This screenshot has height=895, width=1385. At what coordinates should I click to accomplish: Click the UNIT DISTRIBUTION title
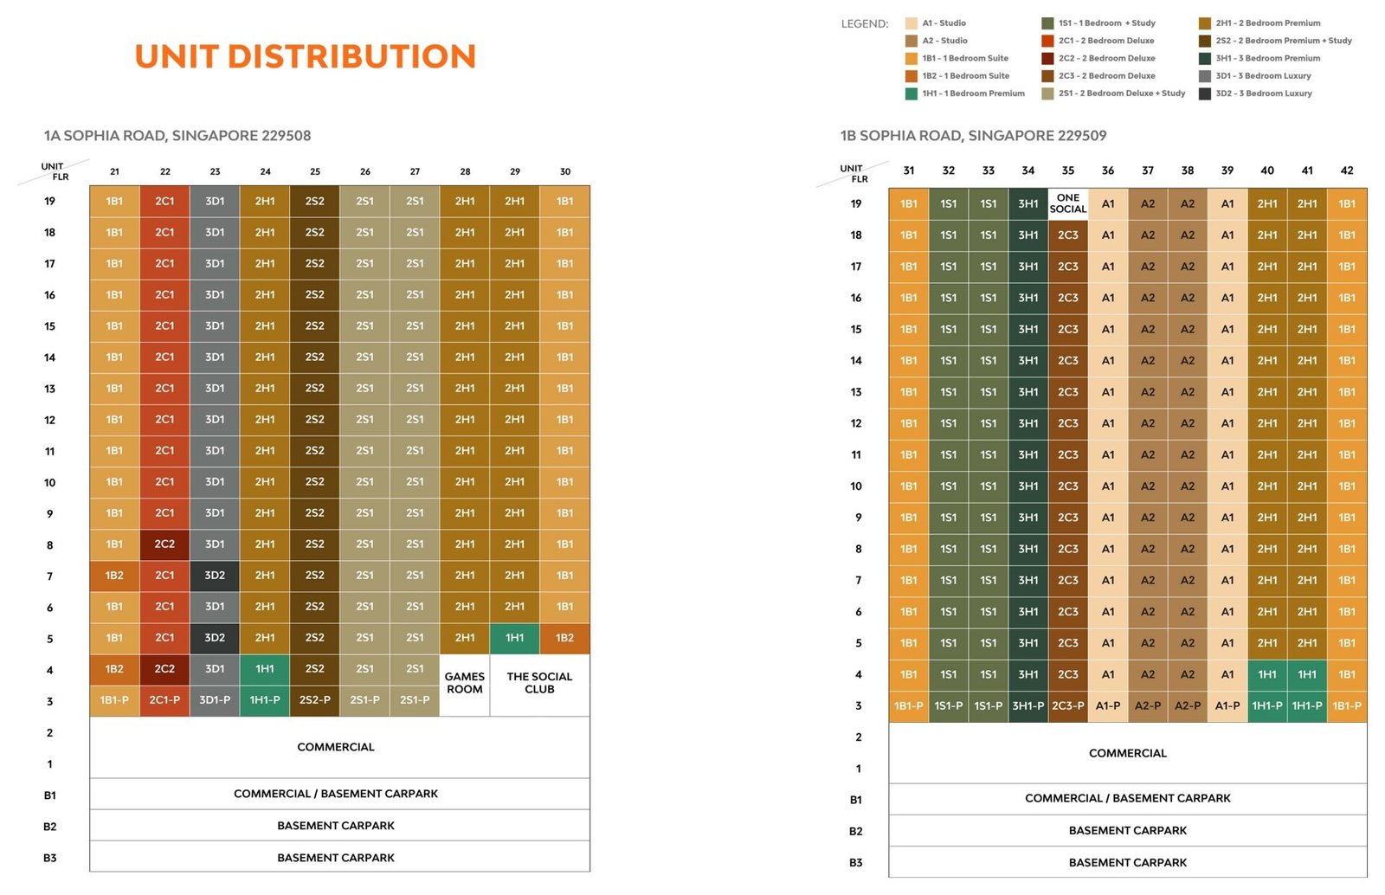pyautogui.click(x=306, y=56)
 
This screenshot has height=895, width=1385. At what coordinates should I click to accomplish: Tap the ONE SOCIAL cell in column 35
pyautogui.click(x=1068, y=203)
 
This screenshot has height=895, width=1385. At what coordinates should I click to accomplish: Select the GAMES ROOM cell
pyautogui.click(x=464, y=685)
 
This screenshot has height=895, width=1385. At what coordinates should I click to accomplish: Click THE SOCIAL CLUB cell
pyautogui.click(x=540, y=685)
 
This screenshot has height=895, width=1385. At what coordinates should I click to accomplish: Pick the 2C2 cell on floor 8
pyautogui.click(x=164, y=544)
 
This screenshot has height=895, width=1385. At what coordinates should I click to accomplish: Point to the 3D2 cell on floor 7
pyautogui.click(x=215, y=576)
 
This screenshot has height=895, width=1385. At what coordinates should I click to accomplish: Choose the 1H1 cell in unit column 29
pyautogui.click(x=514, y=638)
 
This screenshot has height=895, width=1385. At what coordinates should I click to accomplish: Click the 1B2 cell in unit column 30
pyautogui.click(x=564, y=638)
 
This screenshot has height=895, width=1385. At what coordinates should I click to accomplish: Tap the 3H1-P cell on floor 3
pyautogui.click(x=1027, y=705)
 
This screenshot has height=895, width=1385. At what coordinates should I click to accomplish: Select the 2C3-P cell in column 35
pyautogui.click(x=1068, y=705)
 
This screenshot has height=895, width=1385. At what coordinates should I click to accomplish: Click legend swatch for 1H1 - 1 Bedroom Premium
pyautogui.click(x=911, y=94)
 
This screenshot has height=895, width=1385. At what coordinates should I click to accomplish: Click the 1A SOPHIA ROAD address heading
pyautogui.click(x=177, y=136)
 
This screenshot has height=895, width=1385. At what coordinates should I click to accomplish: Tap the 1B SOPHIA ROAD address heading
pyautogui.click(x=973, y=136)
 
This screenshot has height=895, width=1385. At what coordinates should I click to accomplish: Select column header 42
pyautogui.click(x=1347, y=171)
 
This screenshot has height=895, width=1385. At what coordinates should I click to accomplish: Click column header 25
pyautogui.click(x=315, y=172)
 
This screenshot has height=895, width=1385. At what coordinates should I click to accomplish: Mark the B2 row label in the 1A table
pyautogui.click(x=50, y=827)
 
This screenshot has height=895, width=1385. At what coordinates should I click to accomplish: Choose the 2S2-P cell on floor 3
pyautogui.click(x=315, y=700)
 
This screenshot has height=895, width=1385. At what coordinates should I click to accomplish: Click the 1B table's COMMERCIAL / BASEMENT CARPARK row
pyautogui.click(x=1128, y=799)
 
